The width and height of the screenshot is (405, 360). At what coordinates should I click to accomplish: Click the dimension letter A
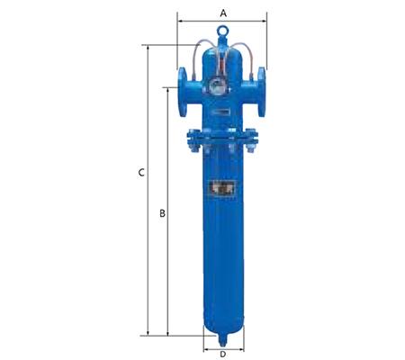[222, 13]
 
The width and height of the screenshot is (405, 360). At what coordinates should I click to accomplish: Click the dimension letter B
[161, 213]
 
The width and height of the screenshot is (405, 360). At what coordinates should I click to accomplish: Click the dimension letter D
[222, 353]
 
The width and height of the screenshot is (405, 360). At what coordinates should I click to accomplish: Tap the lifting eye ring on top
[222, 36]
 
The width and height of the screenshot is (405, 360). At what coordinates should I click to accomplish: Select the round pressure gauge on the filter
[216, 88]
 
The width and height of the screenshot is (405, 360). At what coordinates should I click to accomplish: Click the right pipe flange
[261, 88]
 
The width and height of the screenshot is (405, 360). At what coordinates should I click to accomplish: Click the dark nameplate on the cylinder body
[221, 190]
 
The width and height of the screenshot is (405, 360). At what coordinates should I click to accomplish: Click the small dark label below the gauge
[219, 108]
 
